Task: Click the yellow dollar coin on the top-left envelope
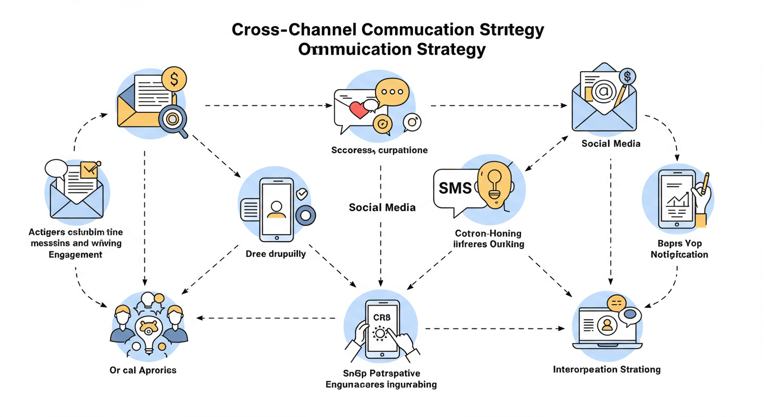pyautogui.click(x=174, y=80)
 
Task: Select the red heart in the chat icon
pyautogui.click(x=359, y=110)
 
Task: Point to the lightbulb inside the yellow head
pyautogui.click(x=495, y=181)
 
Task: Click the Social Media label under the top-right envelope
pyautogui.click(x=610, y=144)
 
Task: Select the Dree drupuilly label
pyautogui.click(x=276, y=254)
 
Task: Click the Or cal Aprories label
pyautogui.click(x=143, y=370)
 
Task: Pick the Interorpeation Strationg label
pyautogui.click(x=607, y=370)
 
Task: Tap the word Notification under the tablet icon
pyautogui.click(x=679, y=254)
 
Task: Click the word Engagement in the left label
pyautogui.click(x=75, y=254)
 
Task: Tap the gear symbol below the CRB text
pyautogui.click(x=379, y=333)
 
